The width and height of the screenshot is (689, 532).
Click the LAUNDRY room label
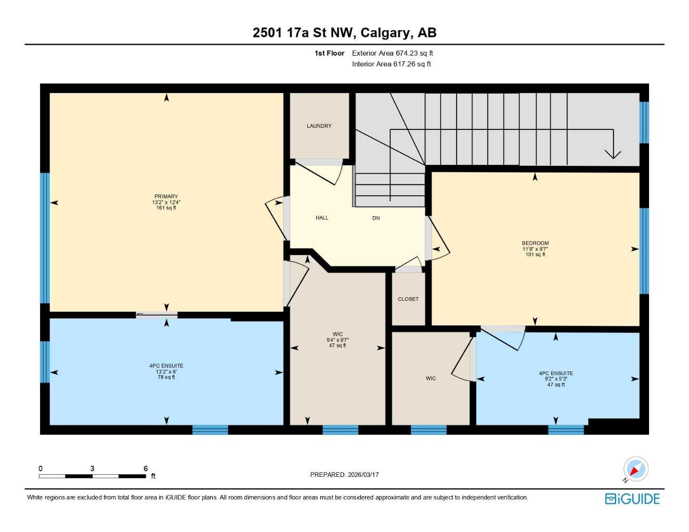click(x=319, y=126)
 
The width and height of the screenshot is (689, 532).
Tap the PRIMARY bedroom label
click(x=166, y=196)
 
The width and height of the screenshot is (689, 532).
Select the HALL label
click(x=322, y=218)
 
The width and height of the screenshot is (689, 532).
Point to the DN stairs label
click(x=376, y=218)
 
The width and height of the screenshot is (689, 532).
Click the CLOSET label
click(x=408, y=299)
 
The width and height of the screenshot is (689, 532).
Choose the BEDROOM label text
click(x=535, y=243)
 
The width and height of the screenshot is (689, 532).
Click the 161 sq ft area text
click(x=166, y=208)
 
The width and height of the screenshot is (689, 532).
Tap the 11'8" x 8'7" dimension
click(x=535, y=249)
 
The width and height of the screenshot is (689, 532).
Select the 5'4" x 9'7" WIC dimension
click(x=337, y=340)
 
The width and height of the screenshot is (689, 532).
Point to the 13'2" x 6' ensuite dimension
click(x=166, y=371)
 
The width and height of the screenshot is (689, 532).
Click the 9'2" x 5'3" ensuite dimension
click(x=556, y=379)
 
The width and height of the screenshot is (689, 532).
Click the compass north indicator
click(x=635, y=470)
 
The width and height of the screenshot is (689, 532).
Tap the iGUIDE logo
click(x=632, y=499)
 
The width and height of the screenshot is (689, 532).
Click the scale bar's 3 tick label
click(x=92, y=468)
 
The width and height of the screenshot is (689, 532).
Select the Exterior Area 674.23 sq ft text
click(x=392, y=53)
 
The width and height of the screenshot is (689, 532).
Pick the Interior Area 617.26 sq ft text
click(x=391, y=64)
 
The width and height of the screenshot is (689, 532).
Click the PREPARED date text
click(x=344, y=474)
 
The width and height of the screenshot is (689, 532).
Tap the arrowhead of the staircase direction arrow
click(x=613, y=154)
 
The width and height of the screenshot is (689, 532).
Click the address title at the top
click(x=344, y=33)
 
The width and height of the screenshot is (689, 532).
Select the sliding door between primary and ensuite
click(x=157, y=314)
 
